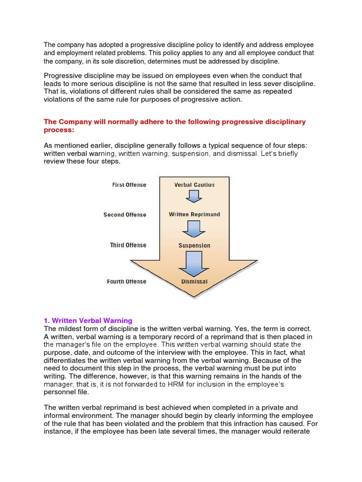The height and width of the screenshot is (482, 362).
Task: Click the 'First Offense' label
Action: click(x=129, y=185)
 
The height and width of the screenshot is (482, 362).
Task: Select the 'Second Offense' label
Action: click(x=125, y=215)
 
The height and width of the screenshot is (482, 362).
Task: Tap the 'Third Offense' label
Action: click(x=128, y=245)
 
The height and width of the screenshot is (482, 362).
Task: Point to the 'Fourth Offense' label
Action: click(x=126, y=281)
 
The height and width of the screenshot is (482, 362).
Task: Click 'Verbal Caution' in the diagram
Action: click(x=194, y=185)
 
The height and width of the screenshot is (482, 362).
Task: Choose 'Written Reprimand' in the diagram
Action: click(x=194, y=215)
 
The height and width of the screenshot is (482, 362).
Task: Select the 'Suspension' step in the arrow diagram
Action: click(x=194, y=246)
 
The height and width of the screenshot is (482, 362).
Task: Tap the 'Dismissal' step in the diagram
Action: click(x=194, y=282)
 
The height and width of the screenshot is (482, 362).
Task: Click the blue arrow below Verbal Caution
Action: click(x=194, y=196)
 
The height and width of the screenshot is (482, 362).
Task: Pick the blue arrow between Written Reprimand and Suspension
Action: click(x=194, y=228)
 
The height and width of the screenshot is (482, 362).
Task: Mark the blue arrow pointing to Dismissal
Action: click(x=194, y=262)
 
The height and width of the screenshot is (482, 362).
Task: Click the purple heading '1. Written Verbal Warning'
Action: click(x=88, y=321)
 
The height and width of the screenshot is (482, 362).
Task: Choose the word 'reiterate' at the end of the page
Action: click(x=294, y=432)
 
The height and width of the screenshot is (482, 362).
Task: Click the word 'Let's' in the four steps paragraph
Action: click(x=260, y=153)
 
